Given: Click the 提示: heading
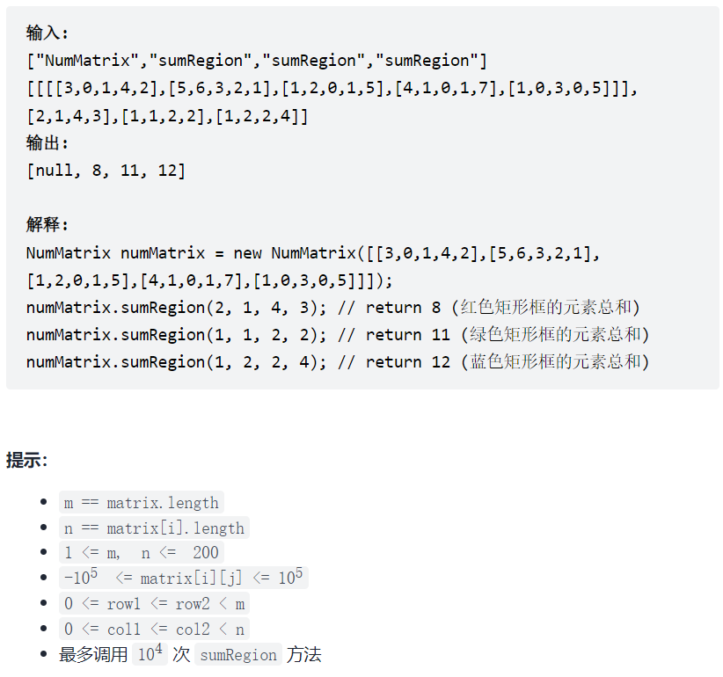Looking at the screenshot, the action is tap(27, 460).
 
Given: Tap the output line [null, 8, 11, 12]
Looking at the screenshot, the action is tap(106, 171).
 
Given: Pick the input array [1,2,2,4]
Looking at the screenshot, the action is tap(261, 116).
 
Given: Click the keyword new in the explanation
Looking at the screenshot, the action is tap(247, 253).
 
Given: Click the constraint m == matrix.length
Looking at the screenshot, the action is tap(141, 503).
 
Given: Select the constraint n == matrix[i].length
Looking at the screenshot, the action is tap(154, 528).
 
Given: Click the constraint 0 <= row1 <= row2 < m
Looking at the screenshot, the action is tap(154, 604).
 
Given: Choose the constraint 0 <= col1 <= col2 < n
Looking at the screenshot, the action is tap(154, 630).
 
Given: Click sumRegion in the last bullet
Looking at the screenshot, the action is tap(237, 655).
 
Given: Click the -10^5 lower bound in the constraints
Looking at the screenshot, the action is tap(79, 578).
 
